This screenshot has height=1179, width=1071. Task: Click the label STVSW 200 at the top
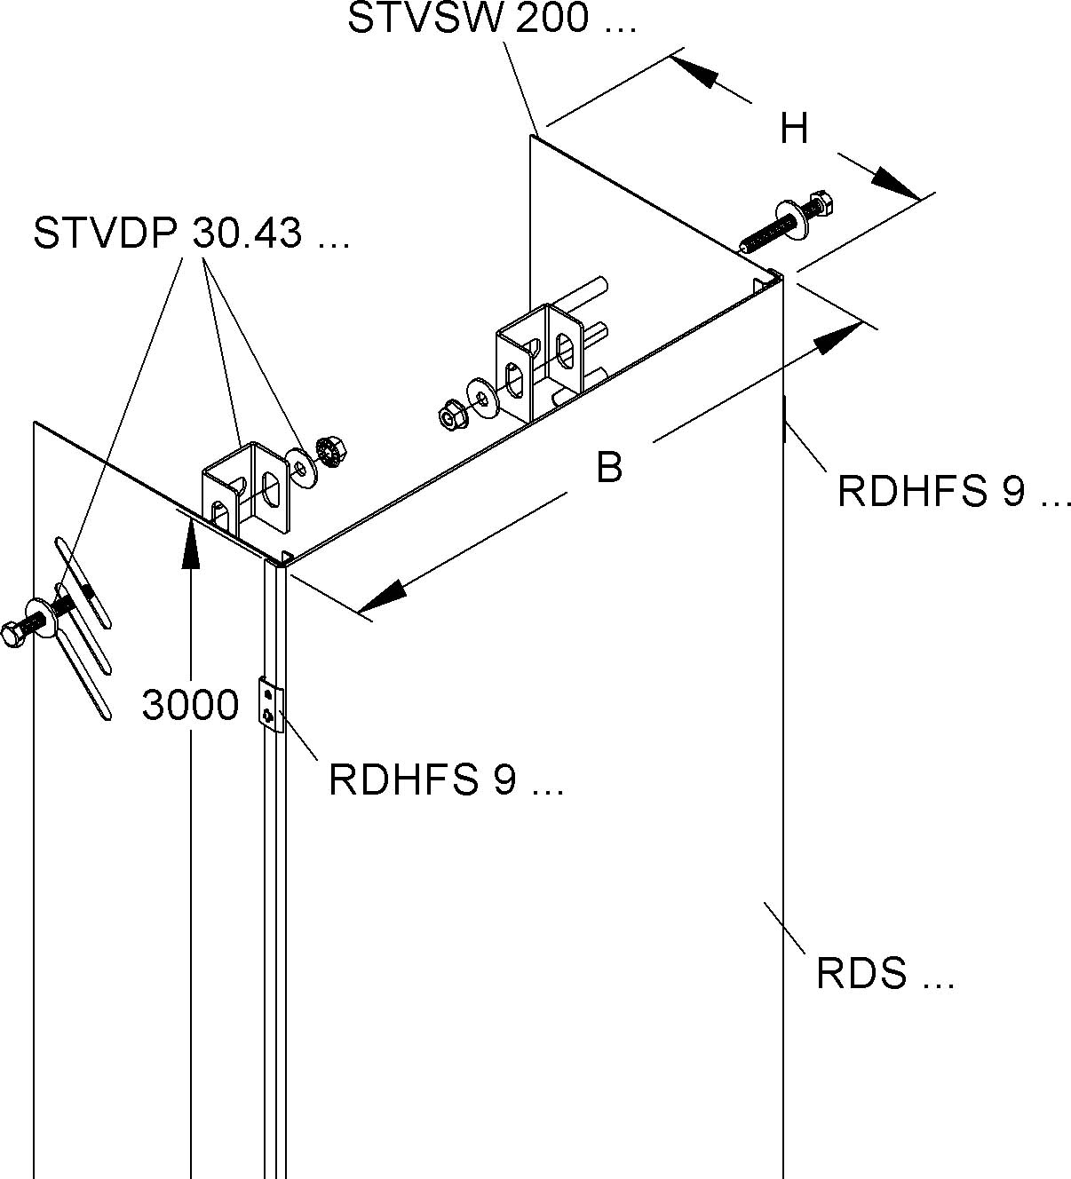point(491,19)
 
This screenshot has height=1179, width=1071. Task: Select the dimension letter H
point(794,130)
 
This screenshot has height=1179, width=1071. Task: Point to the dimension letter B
point(609,467)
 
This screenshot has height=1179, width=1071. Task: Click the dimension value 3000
point(190,705)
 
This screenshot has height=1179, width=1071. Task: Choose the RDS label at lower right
point(884,974)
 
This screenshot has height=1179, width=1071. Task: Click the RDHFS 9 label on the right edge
point(954,490)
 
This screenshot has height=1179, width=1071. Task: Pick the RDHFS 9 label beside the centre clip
point(446,779)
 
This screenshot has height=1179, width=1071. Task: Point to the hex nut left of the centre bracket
point(448,414)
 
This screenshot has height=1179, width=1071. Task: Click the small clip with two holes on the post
point(270,705)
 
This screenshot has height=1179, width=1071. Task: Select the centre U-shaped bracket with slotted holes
point(540,358)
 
